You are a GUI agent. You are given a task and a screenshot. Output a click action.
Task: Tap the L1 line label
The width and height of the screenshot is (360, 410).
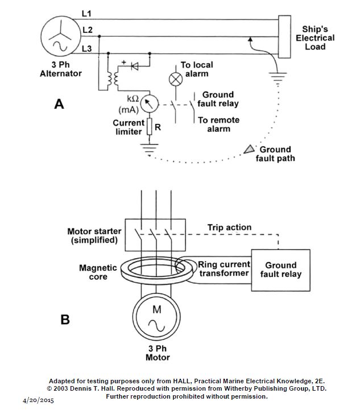(x=86, y=14)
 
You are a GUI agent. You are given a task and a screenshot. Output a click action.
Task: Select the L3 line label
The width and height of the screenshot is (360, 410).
(x=87, y=49)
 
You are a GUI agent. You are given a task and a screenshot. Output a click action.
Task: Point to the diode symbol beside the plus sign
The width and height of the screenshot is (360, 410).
(x=135, y=67)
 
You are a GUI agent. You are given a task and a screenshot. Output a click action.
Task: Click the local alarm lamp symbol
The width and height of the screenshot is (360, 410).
(x=176, y=79)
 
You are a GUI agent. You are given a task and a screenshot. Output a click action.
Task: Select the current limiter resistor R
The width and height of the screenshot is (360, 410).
(x=150, y=127)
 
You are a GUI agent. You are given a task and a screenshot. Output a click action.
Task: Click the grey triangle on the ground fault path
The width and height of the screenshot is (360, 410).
(x=249, y=150)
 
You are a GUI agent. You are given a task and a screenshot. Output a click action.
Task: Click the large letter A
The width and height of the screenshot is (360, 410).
(x=59, y=104)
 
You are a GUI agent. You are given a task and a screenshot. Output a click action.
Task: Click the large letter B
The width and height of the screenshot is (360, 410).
(x=65, y=319)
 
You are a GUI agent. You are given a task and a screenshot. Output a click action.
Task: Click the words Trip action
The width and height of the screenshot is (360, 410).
(x=229, y=227)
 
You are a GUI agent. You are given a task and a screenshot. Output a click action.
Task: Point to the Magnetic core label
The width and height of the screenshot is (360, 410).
(x=98, y=272)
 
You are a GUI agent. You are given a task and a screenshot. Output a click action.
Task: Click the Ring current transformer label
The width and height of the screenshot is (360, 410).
(x=224, y=268)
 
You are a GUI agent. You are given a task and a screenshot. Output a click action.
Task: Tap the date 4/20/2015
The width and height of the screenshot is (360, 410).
(x=38, y=400)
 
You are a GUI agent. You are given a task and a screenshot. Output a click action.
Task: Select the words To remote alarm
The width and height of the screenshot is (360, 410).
(x=218, y=124)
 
